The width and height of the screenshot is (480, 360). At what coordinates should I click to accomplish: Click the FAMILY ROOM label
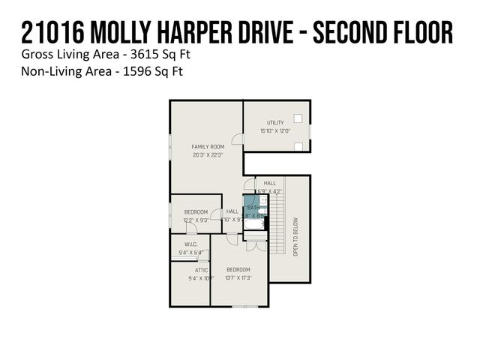pyautogui.click(x=208, y=146)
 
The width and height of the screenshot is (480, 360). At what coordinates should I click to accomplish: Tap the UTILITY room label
pyautogui.click(x=274, y=122)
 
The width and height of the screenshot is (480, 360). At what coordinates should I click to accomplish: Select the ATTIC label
pyautogui.click(x=201, y=270)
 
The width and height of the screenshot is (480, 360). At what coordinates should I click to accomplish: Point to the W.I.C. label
pyautogui.click(x=190, y=244)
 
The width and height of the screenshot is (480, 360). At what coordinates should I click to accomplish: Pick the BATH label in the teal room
pyautogui.click(x=253, y=208)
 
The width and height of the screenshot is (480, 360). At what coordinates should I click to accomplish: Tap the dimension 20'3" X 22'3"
pyautogui.click(x=208, y=155)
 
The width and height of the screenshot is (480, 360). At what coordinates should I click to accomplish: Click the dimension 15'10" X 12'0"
pyautogui.click(x=274, y=131)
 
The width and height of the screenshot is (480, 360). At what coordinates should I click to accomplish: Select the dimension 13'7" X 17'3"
pyautogui.click(x=238, y=278)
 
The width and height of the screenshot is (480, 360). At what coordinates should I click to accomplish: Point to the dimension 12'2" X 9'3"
pyautogui.click(x=196, y=220)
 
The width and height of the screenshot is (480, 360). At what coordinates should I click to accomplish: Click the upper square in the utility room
pyautogui.click(x=298, y=118)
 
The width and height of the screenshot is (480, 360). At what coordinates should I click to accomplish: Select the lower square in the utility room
pyautogui.click(x=298, y=145)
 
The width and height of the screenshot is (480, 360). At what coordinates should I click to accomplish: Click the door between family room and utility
pyautogui.click(x=238, y=139)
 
